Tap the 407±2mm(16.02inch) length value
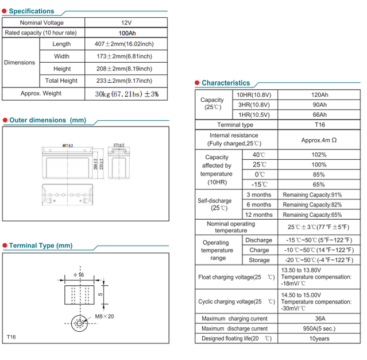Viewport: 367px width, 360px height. [x=123, y=44]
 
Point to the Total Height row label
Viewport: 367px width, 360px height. [x=61, y=81]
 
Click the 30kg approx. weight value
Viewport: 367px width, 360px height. [x=126, y=93]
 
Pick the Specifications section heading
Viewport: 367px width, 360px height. [x=32, y=11]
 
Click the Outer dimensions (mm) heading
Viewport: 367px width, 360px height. [x=48, y=120]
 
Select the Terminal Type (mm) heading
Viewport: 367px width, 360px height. [x=41, y=246]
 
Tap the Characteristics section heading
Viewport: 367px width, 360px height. [x=226, y=83]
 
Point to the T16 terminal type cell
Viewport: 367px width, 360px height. [x=319, y=125]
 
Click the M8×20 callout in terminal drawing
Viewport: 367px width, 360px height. [x=105, y=316]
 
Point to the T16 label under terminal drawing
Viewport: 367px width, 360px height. [x=12, y=336]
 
